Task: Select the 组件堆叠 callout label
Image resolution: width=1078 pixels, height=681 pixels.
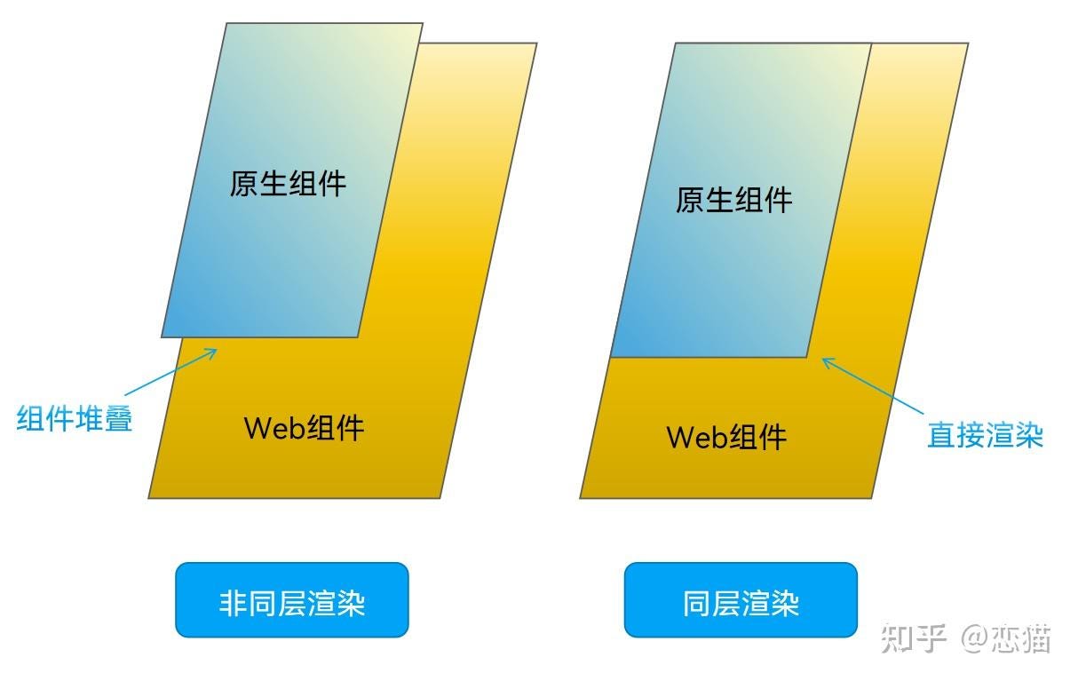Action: (x=75, y=417)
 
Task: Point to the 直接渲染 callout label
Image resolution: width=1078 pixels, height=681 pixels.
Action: (x=985, y=435)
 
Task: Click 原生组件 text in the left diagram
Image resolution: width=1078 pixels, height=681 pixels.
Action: (x=288, y=184)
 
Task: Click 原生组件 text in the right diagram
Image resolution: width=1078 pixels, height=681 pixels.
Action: (x=733, y=201)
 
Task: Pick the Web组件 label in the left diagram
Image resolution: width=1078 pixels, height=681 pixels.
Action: (x=304, y=428)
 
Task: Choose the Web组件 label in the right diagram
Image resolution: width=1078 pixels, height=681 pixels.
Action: (x=726, y=437)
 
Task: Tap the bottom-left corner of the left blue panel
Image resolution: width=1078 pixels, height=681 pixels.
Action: (x=162, y=337)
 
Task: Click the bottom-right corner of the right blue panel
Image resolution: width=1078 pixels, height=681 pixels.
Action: (x=807, y=357)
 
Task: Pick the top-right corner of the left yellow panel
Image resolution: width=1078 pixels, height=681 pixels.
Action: (x=536, y=44)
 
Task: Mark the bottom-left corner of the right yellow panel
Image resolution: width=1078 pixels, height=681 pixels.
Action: (x=581, y=497)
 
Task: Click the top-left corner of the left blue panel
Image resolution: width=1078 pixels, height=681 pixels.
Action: (x=226, y=24)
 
